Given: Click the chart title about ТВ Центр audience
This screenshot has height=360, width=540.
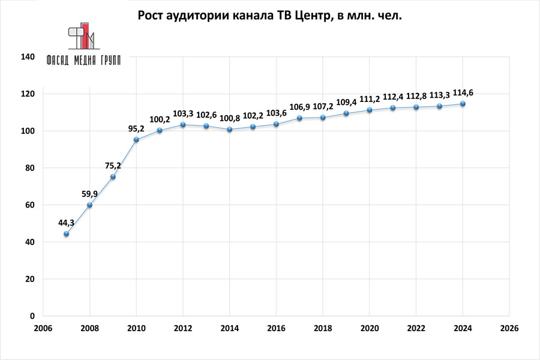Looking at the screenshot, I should click(269, 16).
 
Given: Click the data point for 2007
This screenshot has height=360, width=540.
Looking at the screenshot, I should click(66, 234).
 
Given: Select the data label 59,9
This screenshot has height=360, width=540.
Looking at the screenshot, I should click(89, 194).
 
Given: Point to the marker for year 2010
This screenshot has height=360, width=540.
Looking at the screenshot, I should click(136, 140).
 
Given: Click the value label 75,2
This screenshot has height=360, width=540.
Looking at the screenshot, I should click(113, 166).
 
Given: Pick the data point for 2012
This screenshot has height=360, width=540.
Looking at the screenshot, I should click(183, 125).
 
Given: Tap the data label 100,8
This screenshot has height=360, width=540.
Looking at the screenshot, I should click(229, 118).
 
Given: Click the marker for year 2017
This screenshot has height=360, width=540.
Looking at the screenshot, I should click(299, 118).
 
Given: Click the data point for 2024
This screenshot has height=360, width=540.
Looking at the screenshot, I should click(463, 104).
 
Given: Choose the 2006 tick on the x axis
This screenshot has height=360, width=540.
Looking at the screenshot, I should click(43, 329).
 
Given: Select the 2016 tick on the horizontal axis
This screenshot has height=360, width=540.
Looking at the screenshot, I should click(276, 329).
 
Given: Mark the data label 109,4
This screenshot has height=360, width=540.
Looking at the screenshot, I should click(346, 102).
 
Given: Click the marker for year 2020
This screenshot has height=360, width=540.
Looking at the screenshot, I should click(370, 110).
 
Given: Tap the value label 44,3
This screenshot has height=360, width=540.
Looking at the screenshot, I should click(66, 223).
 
